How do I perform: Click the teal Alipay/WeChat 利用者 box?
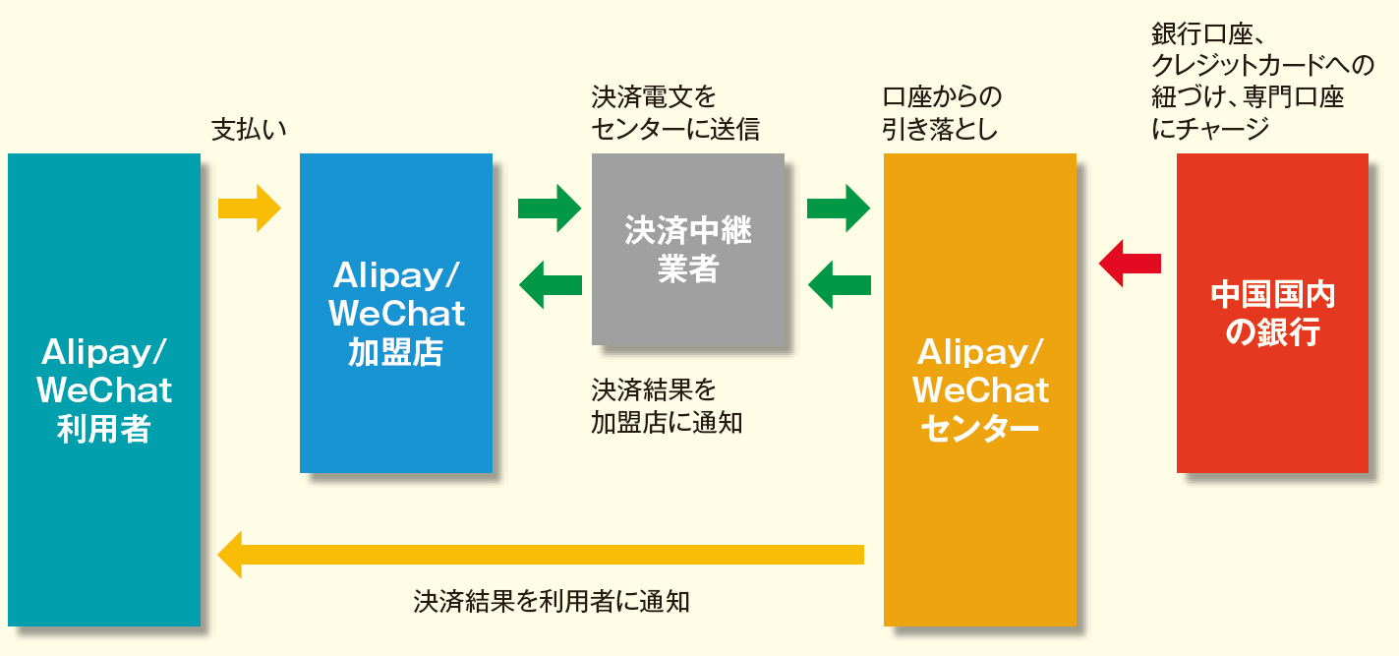click(103, 389)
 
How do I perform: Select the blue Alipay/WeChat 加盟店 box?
click(395, 313)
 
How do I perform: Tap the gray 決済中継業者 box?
click(687, 249)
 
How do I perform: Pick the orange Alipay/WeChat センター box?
click(979, 389)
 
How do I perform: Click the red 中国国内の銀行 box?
click(1272, 313)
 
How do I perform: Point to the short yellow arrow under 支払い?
click(249, 208)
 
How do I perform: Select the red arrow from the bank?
click(1130, 263)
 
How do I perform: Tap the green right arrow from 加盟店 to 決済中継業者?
click(550, 208)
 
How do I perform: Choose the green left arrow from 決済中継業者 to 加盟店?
click(550, 284)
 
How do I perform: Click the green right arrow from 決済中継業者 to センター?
click(839, 208)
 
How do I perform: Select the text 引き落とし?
click(940, 128)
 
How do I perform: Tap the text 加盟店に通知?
click(666, 423)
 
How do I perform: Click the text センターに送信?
click(674, 128)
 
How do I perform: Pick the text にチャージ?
click(1209, 128)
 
